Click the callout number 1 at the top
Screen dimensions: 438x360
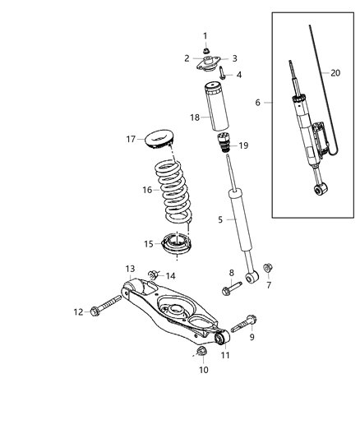click(x=206, y=35)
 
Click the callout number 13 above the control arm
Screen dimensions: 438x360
click(x=130, y=269)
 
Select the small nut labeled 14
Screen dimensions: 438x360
click(x=154, y=274)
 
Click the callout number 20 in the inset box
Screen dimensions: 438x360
click(x=335, y=72)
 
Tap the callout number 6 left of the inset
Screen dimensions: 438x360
click(x=259, y=103)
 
